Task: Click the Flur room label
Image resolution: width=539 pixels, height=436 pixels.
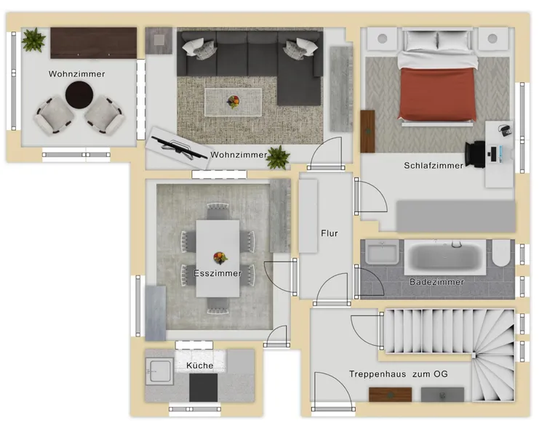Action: (330, 233)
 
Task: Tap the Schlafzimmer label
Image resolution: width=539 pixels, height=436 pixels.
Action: (434, 166)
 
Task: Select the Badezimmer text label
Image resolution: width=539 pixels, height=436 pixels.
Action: (437, 282)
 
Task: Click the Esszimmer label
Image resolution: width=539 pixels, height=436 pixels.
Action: (217, 273)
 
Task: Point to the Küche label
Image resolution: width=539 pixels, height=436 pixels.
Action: (200, 366)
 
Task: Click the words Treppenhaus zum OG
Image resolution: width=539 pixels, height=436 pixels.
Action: (399, 374)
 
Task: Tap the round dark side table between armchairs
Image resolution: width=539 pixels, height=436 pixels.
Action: (79, 94)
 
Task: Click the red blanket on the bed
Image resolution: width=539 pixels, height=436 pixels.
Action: (437, 94)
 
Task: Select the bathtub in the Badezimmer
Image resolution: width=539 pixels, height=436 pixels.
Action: (445, 257)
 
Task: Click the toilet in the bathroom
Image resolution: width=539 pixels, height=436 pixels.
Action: (501, 253)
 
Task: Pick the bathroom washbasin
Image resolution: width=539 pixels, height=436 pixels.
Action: (382, 252)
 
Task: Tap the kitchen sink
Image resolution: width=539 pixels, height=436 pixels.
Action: (159, 371)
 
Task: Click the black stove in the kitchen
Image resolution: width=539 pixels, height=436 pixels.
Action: (203, 387)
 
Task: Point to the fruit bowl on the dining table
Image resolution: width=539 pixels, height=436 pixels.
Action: (220, 257)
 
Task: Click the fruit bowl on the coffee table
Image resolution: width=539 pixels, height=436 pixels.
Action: (233, 101)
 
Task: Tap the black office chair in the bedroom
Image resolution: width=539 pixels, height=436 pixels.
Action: (475, 154)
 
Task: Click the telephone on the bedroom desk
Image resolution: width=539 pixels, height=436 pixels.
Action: (504, 130)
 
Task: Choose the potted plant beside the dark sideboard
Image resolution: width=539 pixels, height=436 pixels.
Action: (33, 40)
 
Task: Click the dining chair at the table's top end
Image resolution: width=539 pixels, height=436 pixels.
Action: (217, 211)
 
